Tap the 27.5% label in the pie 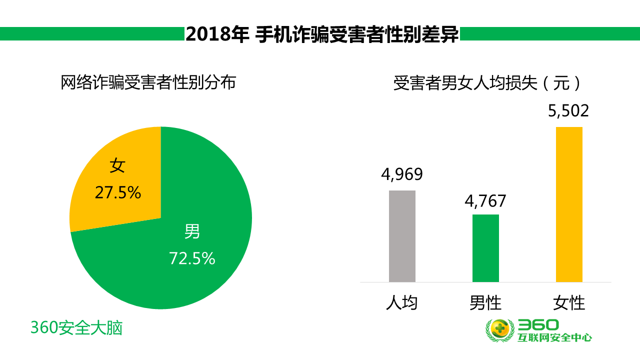click(x=118, y=192)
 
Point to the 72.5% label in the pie click(x=192, y=258)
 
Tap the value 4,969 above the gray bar click(x=402, y=174)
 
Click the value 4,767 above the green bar click(x=485, y=201)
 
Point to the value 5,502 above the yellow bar click(x=569, y=111)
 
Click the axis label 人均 click(x=402, y=303)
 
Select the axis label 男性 click(x=485, y=303)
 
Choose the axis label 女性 click(x=569, y=303)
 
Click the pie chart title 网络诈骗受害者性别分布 click(x=148, y=82)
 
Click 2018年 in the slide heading click(x=216, y=34)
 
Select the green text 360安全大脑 click(x=76, y=328)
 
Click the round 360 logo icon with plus click(x=500, y=330)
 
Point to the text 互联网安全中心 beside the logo click(x=555, y=338)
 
